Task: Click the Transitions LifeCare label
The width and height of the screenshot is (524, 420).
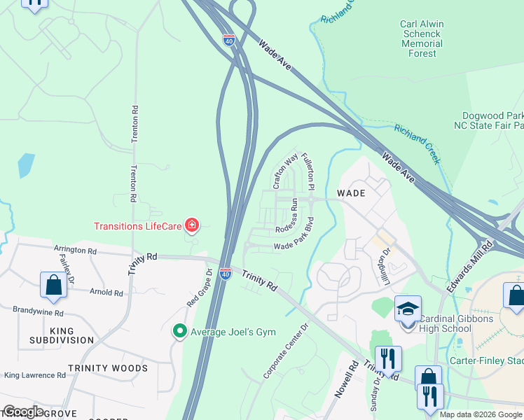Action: click(x=138, y=225)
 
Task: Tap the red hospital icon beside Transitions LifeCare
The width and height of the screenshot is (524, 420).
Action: click(x=191, y=225)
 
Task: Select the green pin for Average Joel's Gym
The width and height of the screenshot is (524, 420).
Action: click(x=180, y=331)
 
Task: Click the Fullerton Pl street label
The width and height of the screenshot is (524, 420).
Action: click(x=308, y=172)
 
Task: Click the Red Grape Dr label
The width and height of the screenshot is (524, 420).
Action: click(x=200, y=286)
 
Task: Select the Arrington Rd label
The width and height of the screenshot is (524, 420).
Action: click(x=75, y=250)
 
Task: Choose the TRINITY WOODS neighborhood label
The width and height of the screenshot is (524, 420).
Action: click(x=107, y=368)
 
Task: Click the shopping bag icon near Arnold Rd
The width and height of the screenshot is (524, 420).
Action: click(x=53, y=284)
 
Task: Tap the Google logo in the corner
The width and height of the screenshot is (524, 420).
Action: click(x=22, y=412)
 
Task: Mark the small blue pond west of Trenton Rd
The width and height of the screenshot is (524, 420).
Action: click(x=26, y=165)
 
